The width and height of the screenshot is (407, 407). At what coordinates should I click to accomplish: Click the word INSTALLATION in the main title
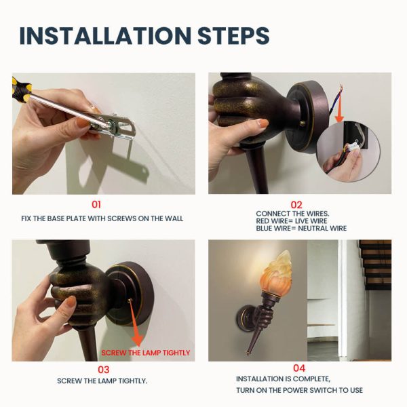105,35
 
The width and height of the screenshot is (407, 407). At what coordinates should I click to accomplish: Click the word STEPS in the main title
233,35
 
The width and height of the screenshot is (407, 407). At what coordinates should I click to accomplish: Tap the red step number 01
96,205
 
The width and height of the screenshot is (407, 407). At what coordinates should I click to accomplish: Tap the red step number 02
296,205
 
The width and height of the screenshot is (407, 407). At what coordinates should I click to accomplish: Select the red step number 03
103,370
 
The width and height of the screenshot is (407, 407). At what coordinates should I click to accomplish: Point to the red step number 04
299,368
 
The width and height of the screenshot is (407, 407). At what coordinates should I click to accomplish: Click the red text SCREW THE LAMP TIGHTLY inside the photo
146,353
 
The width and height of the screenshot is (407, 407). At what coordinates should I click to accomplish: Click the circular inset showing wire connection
349,151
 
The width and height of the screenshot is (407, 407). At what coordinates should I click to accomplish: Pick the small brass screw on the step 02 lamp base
302,123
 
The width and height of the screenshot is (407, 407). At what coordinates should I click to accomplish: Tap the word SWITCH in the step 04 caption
324,390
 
